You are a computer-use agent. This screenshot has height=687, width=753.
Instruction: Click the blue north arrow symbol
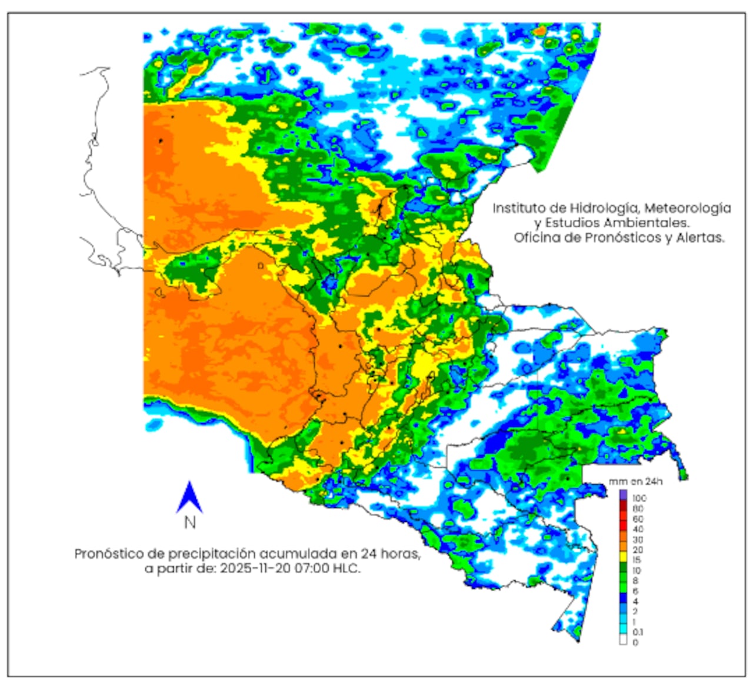tap(189, 498)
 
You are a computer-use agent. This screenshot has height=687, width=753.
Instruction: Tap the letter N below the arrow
tap(189, 522)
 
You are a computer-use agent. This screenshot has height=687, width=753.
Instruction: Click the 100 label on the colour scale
tap(639, 498)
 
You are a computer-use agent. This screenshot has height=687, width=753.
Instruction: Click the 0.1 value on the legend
tap(638, 632)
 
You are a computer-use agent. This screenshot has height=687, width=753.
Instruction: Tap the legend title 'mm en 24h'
tap(636, 482)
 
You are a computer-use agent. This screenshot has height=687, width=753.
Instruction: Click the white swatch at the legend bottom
tap(623, 641)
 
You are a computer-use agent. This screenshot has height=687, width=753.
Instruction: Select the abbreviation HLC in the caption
tap(346, 569)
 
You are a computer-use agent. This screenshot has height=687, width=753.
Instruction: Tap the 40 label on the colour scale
tap(638, 530)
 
